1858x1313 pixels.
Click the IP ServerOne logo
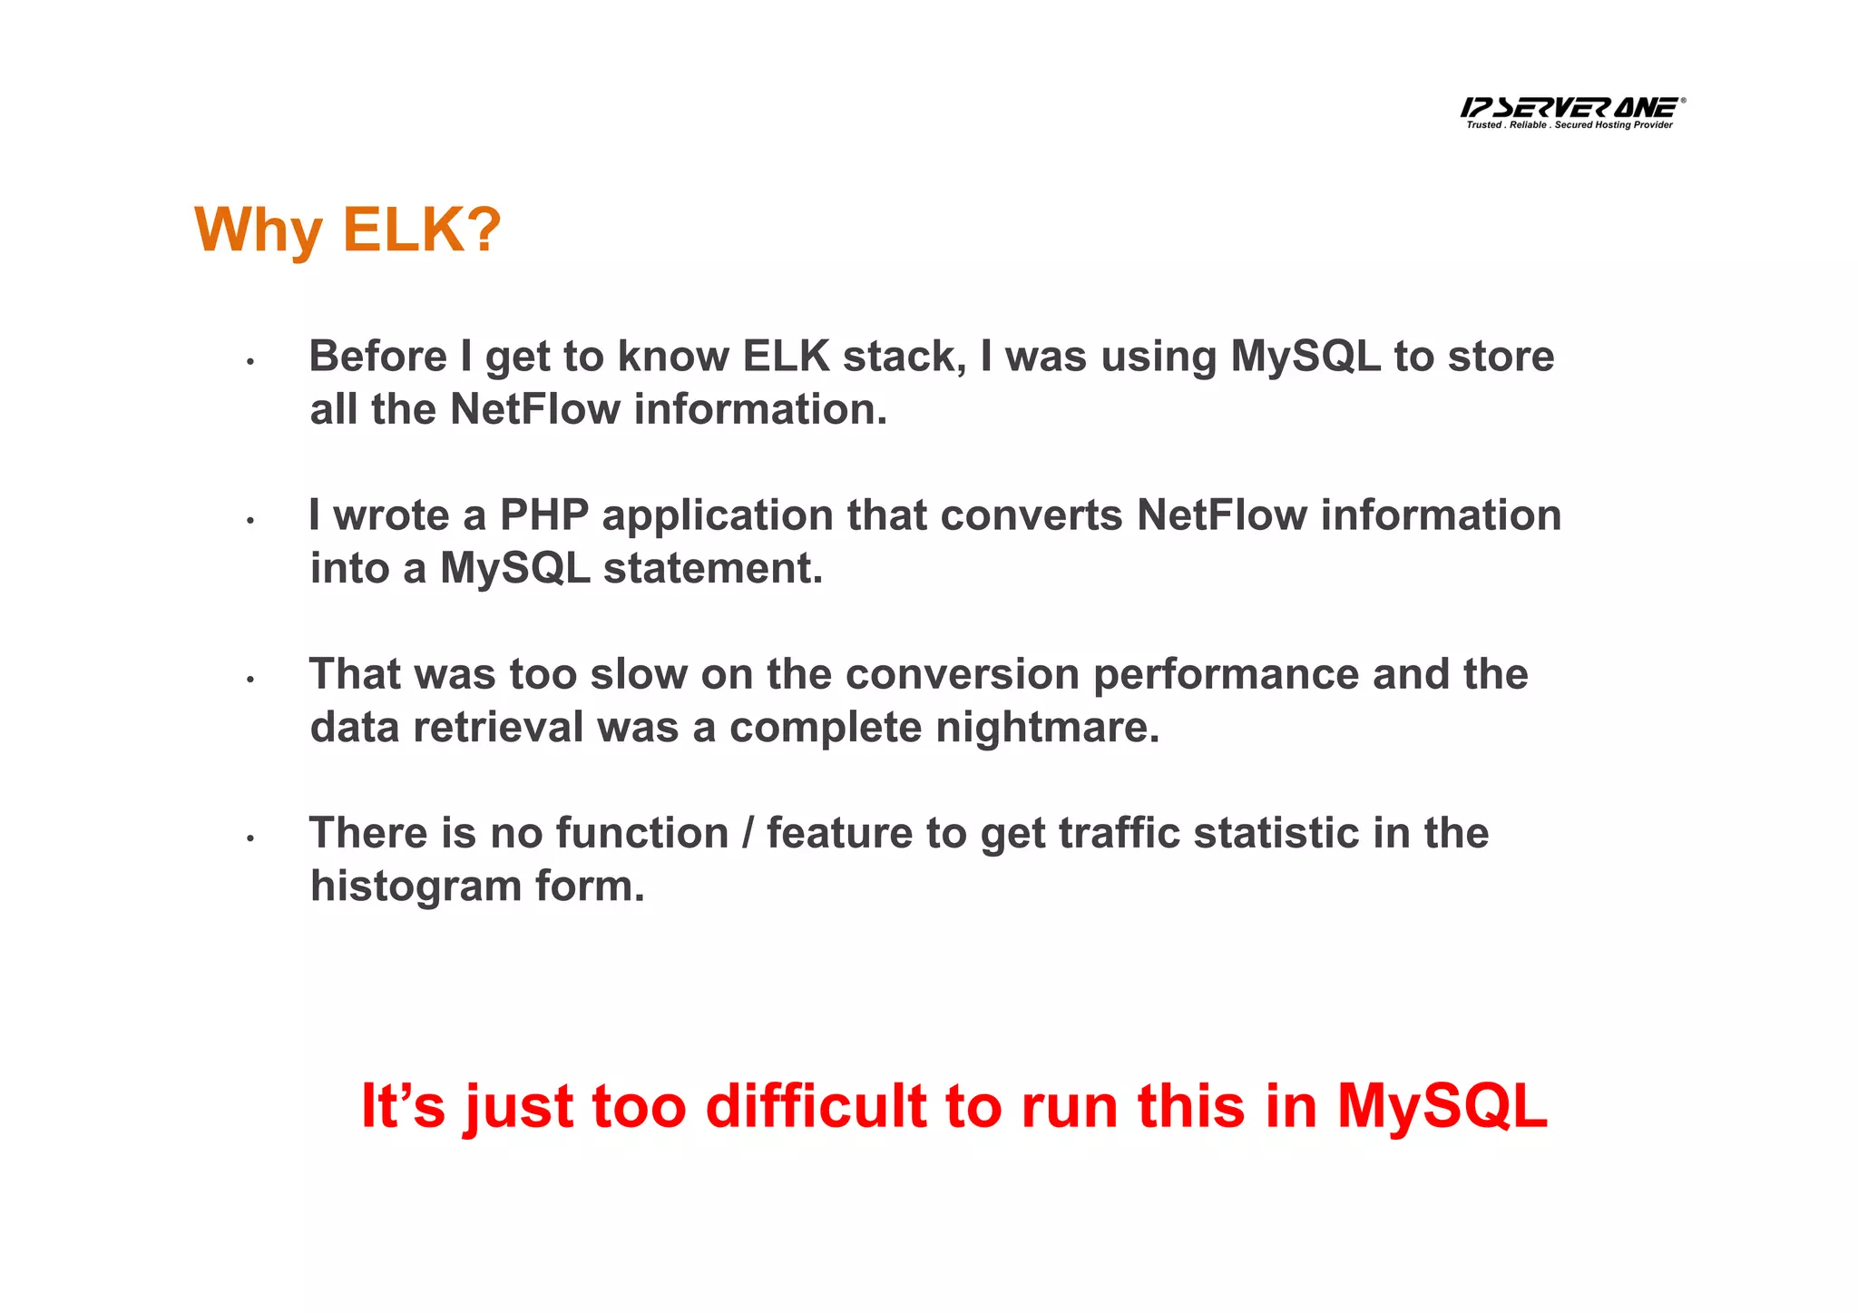coord(1570,108)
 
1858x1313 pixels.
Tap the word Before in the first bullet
coord(377,356)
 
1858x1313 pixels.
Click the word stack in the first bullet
coord(905,356)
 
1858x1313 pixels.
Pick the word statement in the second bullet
coord(713,569)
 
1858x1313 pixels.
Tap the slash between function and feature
coord(748,833)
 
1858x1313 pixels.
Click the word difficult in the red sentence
coord(816,1107)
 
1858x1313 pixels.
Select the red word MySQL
coord(1442,1107)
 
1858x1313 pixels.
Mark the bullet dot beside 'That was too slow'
coord(249,679)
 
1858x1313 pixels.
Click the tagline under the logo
coord(1570,125)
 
